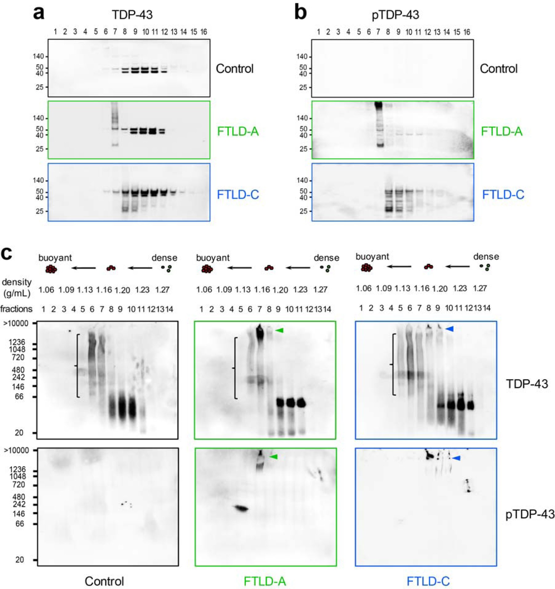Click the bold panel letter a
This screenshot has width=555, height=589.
point(39,14)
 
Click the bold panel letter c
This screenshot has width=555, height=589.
point(6,254)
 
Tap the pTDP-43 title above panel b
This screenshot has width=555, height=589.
point(395,15)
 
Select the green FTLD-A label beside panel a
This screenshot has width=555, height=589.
point(238,132)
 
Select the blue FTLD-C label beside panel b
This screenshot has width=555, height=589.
point(503,194)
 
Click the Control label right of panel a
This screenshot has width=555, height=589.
point(234,69)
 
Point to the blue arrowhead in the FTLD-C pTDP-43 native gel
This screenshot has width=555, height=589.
point(457,458)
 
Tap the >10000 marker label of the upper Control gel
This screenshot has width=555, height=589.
point(16,323)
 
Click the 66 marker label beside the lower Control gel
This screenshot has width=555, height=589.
point(20,524)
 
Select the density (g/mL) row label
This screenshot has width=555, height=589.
point(16,287)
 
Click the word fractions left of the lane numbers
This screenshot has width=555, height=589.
point(16,309)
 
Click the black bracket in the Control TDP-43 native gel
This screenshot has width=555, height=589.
point(77,365)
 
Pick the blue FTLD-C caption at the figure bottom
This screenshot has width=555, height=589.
point(428,581)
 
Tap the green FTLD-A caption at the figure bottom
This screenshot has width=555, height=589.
point(265,581)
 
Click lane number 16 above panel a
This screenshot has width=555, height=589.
point(204,32)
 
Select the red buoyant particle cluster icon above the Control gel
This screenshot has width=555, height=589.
point(51,269)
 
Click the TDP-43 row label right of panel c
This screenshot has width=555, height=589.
point(527,384)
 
